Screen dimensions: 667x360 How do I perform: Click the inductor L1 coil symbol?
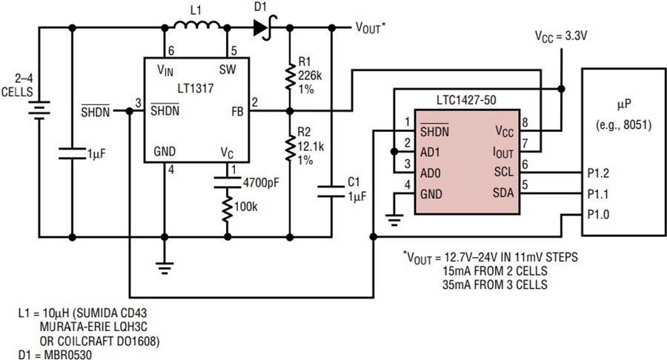[x=198, y=26]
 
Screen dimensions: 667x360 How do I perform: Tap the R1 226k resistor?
[x=290, y=76]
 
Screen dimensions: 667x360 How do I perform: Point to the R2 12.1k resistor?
[x=290, y=147]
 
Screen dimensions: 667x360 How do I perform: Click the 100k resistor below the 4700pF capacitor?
[x=228, y=208]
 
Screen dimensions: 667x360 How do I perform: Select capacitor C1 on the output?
[x=332, y=191]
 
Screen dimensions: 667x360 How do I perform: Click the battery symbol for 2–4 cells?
[x=39, y=110]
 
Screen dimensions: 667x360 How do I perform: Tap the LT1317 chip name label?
[x=196, y=88]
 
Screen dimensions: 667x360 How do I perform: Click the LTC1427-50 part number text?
[x=466, y=100]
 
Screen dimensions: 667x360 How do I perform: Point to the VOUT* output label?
[x=371, y=28]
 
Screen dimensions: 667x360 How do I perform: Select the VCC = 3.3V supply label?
[x=561, y=36]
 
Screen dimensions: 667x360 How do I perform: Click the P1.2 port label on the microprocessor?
[x=598, y=173]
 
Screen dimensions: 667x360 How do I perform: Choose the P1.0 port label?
[x=598, y=215]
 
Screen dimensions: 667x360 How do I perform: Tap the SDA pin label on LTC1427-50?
[x=503, y=193]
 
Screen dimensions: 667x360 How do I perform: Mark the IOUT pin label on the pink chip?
[x=502, y=153]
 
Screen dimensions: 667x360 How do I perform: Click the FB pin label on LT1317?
[x=237, y=112]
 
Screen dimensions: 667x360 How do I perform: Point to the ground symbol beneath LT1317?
[x=165, y=267]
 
